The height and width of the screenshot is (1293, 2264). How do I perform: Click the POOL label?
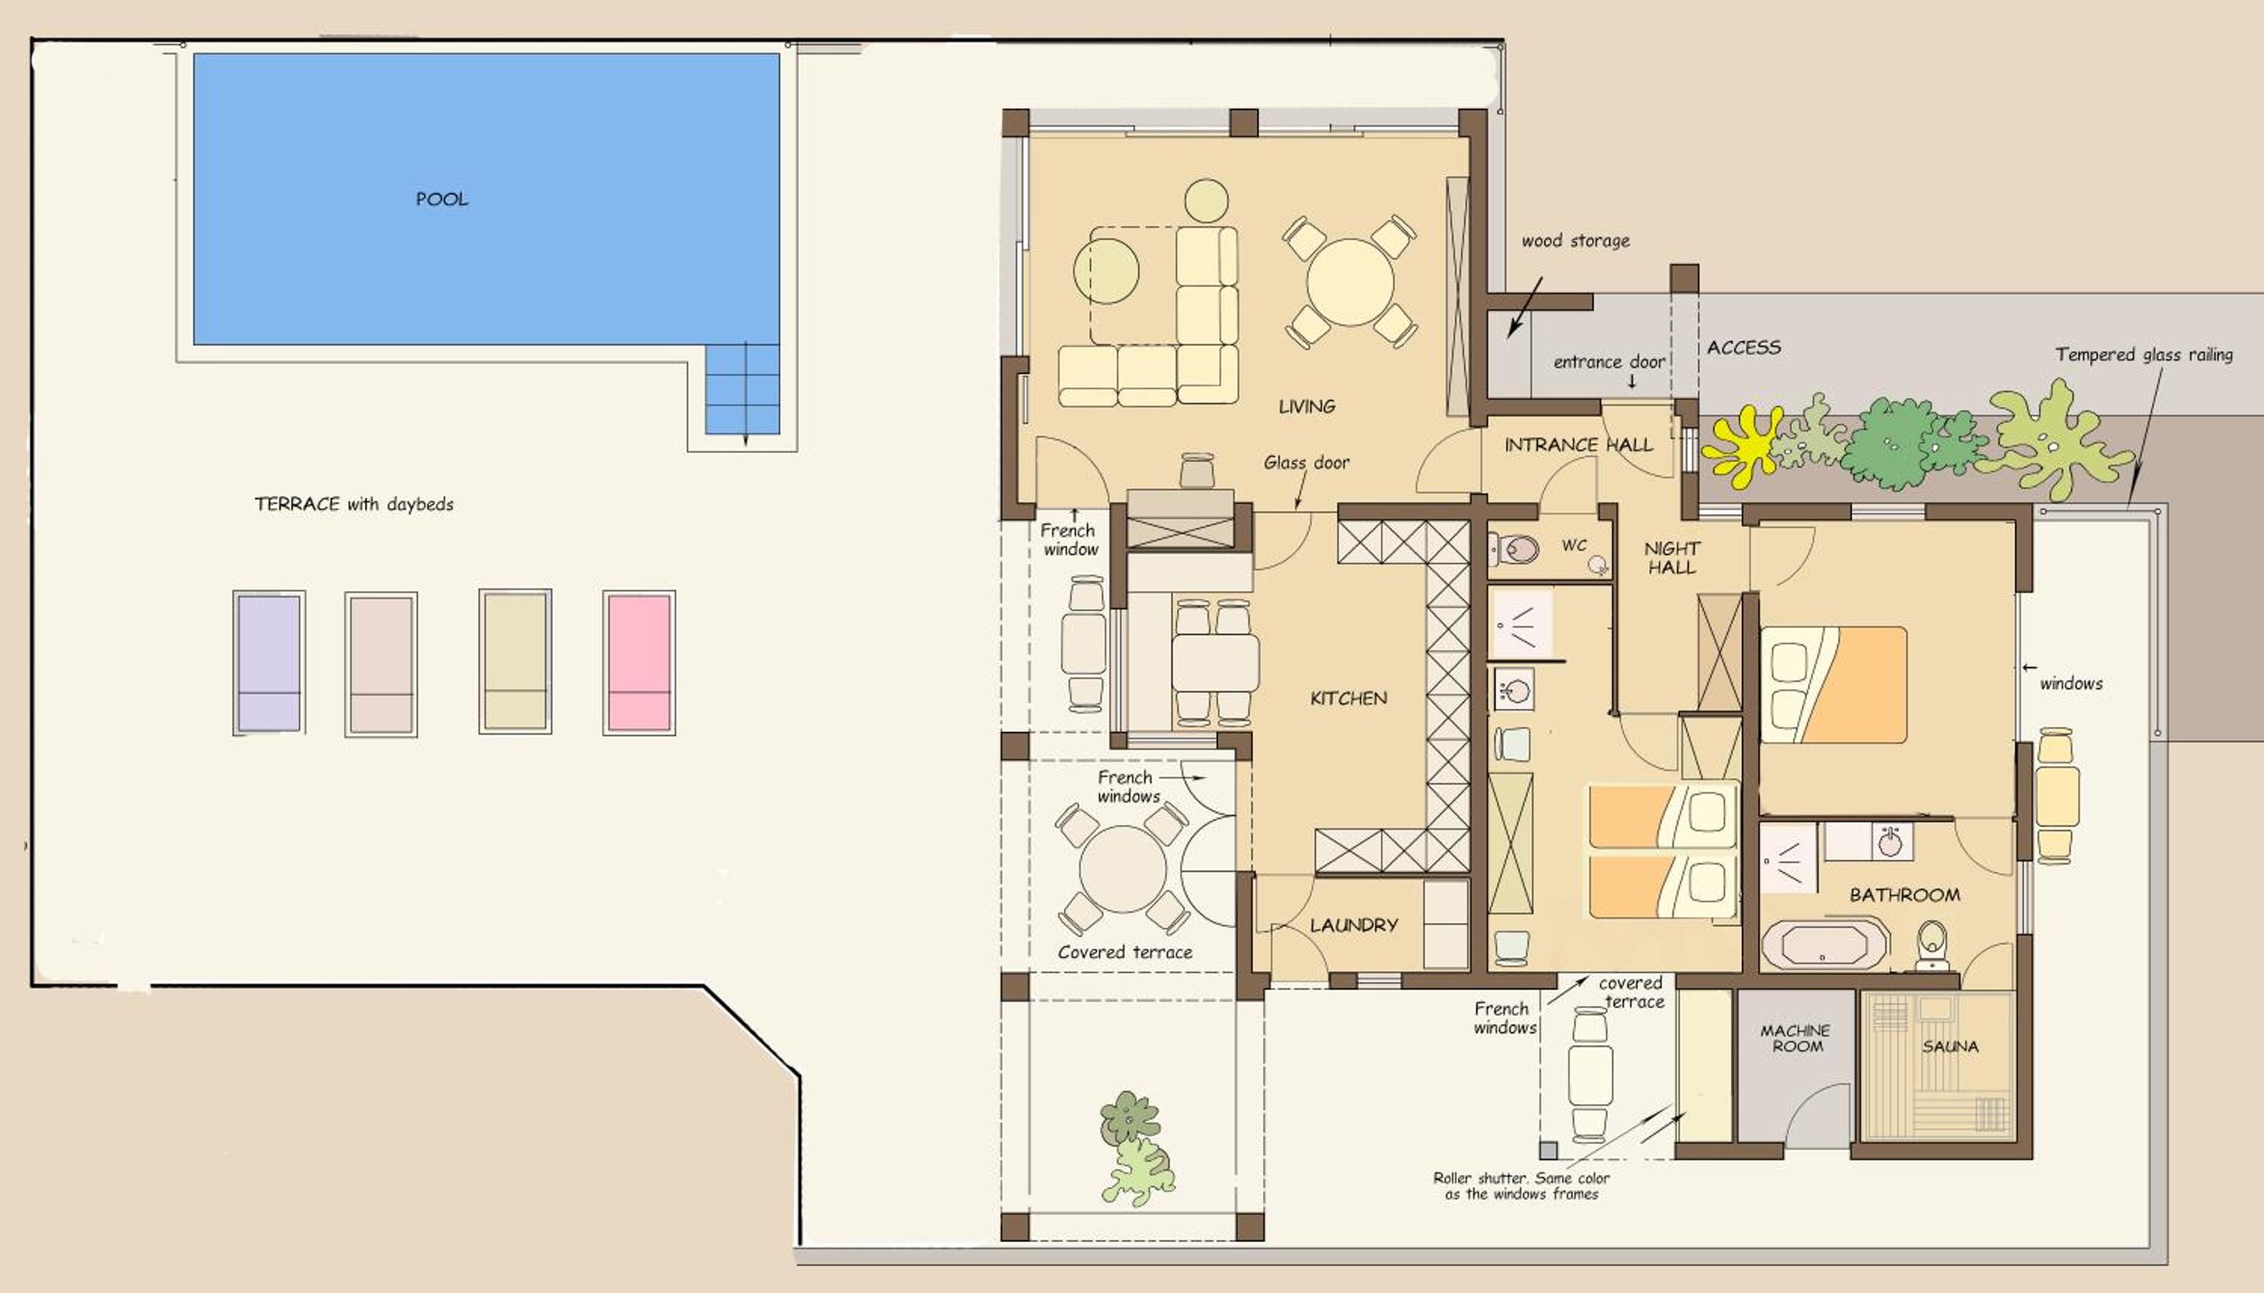[441, 199]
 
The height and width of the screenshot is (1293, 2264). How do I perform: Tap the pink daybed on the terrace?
[638, 662]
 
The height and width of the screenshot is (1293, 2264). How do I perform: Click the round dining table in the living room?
[1349, 282]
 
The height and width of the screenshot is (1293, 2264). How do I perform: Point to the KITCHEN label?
[1349, 698]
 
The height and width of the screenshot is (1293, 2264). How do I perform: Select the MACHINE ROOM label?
[1795, 1038]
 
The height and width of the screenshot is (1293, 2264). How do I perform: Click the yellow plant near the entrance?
[1742, 446]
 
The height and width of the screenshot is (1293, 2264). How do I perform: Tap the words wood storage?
[1576, 241]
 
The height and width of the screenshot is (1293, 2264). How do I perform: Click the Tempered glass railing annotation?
[2144, 355]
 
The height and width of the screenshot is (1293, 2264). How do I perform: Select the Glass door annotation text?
[1306, 462]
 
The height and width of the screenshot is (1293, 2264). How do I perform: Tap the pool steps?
[743, 389]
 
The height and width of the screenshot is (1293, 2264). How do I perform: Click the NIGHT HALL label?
[1672, 557]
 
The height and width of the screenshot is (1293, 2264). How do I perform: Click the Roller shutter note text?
[1521, 1187]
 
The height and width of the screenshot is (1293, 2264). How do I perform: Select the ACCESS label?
[1743, 347]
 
